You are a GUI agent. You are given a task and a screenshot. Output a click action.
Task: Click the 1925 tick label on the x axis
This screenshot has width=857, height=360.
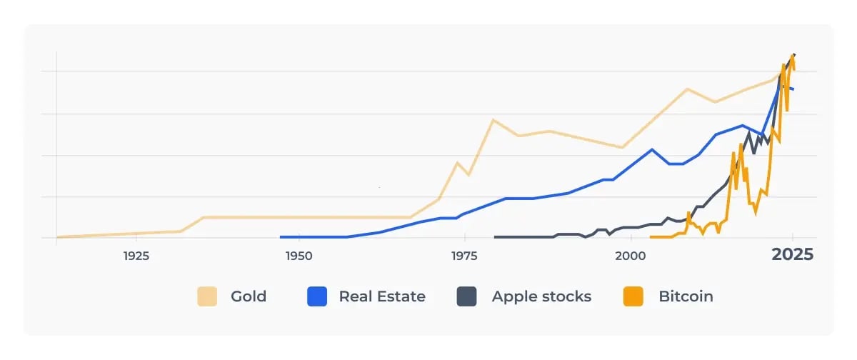coord(135,255)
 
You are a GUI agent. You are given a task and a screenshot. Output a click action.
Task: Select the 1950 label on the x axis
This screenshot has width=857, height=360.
coord(299,255)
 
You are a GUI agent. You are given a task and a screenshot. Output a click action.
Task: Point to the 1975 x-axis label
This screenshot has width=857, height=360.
coord(465,255)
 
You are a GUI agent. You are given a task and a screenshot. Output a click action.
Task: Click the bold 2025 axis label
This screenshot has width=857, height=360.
coord(792,255)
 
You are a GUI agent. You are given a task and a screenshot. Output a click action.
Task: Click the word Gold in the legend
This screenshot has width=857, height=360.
coord(249,296)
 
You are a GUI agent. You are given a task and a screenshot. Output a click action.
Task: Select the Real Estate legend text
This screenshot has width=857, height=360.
coord(382,296)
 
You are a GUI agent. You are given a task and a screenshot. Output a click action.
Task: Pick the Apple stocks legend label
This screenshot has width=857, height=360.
coord(541,296)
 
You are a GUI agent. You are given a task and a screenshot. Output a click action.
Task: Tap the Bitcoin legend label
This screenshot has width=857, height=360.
coord(686,296)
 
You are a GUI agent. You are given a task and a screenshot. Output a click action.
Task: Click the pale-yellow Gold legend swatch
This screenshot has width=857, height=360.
coord(207,296)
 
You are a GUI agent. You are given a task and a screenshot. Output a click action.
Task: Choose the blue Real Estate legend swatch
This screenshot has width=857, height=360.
coord(317,296)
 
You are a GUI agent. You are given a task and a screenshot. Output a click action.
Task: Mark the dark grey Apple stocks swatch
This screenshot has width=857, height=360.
coord(467,296)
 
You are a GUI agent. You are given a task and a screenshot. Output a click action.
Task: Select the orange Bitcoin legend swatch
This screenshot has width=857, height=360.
coord(633,296)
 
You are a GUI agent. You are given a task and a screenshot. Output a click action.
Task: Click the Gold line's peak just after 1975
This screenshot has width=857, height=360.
coord(492,119)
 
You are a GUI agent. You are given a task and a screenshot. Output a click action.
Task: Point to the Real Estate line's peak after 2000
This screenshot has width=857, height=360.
coord(652,149)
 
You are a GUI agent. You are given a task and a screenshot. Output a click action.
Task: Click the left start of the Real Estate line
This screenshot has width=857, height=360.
coord(281,237)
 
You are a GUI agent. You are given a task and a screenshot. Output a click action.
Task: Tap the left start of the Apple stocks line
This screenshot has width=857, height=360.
coord(496,237)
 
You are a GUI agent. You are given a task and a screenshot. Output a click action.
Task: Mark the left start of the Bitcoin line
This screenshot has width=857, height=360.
coord(651,237)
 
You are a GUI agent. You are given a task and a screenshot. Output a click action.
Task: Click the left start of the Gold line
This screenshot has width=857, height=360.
coord(57,237)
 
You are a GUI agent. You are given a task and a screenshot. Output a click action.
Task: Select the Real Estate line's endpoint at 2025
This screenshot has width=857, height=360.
coord(793,89)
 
